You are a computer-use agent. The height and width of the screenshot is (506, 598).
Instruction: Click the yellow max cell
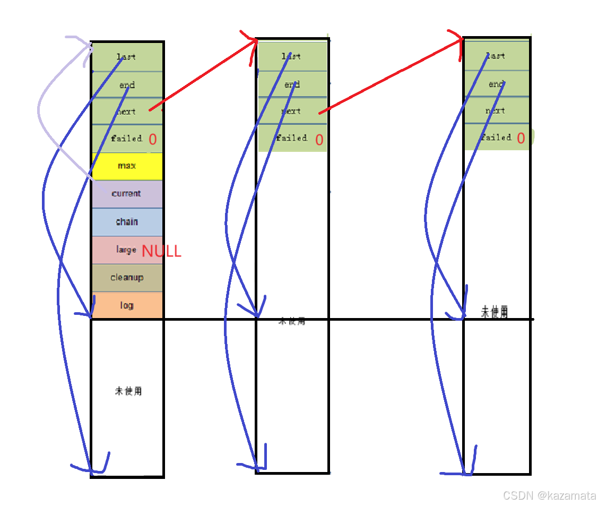127,166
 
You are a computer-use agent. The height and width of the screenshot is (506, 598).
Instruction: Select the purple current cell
127,194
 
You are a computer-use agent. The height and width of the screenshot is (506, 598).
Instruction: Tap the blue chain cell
127,221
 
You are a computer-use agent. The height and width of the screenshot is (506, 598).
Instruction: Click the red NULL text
161,251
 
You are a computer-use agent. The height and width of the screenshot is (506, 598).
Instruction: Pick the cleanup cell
127,278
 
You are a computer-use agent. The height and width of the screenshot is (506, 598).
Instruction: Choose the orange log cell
127,305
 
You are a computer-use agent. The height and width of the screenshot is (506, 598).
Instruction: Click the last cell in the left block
127,57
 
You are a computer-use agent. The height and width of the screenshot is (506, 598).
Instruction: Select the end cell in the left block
127,85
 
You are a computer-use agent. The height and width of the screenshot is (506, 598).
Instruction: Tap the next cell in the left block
127,112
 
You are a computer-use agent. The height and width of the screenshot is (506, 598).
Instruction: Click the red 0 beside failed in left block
153,140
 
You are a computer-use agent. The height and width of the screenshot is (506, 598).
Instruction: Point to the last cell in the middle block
292,56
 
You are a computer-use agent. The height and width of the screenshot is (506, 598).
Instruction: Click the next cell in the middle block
292,111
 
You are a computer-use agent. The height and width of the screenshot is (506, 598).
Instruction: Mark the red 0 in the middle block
319,140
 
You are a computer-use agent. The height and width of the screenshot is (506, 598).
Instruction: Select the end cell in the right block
496,84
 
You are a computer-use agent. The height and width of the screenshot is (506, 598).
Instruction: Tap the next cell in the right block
496,110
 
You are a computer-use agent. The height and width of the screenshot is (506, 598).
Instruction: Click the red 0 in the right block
521,138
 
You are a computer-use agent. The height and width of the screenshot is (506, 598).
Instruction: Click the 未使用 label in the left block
128,391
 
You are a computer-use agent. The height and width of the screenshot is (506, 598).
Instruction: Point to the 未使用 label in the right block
494,312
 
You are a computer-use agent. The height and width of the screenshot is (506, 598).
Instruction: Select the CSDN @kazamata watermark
549,495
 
